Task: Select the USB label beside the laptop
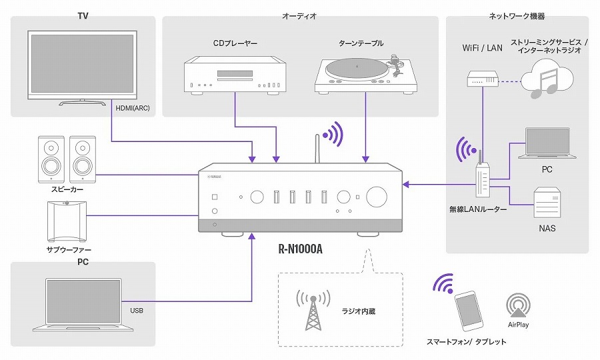click(x=137, y=310)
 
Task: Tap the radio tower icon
click(x=312, y=309)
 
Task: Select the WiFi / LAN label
click(x=482, y=48)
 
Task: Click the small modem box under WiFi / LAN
click(x=481, y=79)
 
